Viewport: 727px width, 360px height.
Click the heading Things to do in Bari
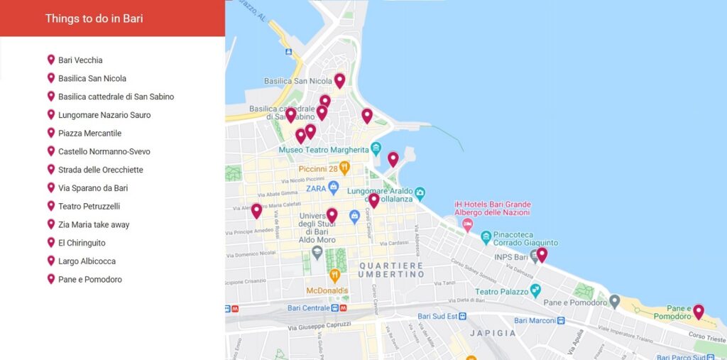[94, 18]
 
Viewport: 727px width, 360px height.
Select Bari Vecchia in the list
[80, 60]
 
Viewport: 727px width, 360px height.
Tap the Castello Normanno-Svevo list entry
[104, 151]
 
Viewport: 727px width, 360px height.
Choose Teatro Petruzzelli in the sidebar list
[89, 206]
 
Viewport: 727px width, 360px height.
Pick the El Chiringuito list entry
[82, 243]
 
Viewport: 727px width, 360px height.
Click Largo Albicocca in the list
[87, 261]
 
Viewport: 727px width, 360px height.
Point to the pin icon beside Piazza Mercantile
[51, 133]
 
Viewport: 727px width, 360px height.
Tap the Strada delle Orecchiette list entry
[100, 170]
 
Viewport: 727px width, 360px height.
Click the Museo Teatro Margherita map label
[324, 151]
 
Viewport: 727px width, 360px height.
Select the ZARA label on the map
[316, 188]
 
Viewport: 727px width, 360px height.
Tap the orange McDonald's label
[327, 291]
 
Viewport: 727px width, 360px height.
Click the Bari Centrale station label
[310, 308]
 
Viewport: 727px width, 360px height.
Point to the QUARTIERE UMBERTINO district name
[390, 270]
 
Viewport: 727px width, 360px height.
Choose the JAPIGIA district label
[493, 333]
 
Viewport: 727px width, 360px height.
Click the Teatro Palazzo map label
[502, 292]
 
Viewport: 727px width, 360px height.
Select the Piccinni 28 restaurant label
[318, 169]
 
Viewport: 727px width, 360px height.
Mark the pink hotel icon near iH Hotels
[467, 224]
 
